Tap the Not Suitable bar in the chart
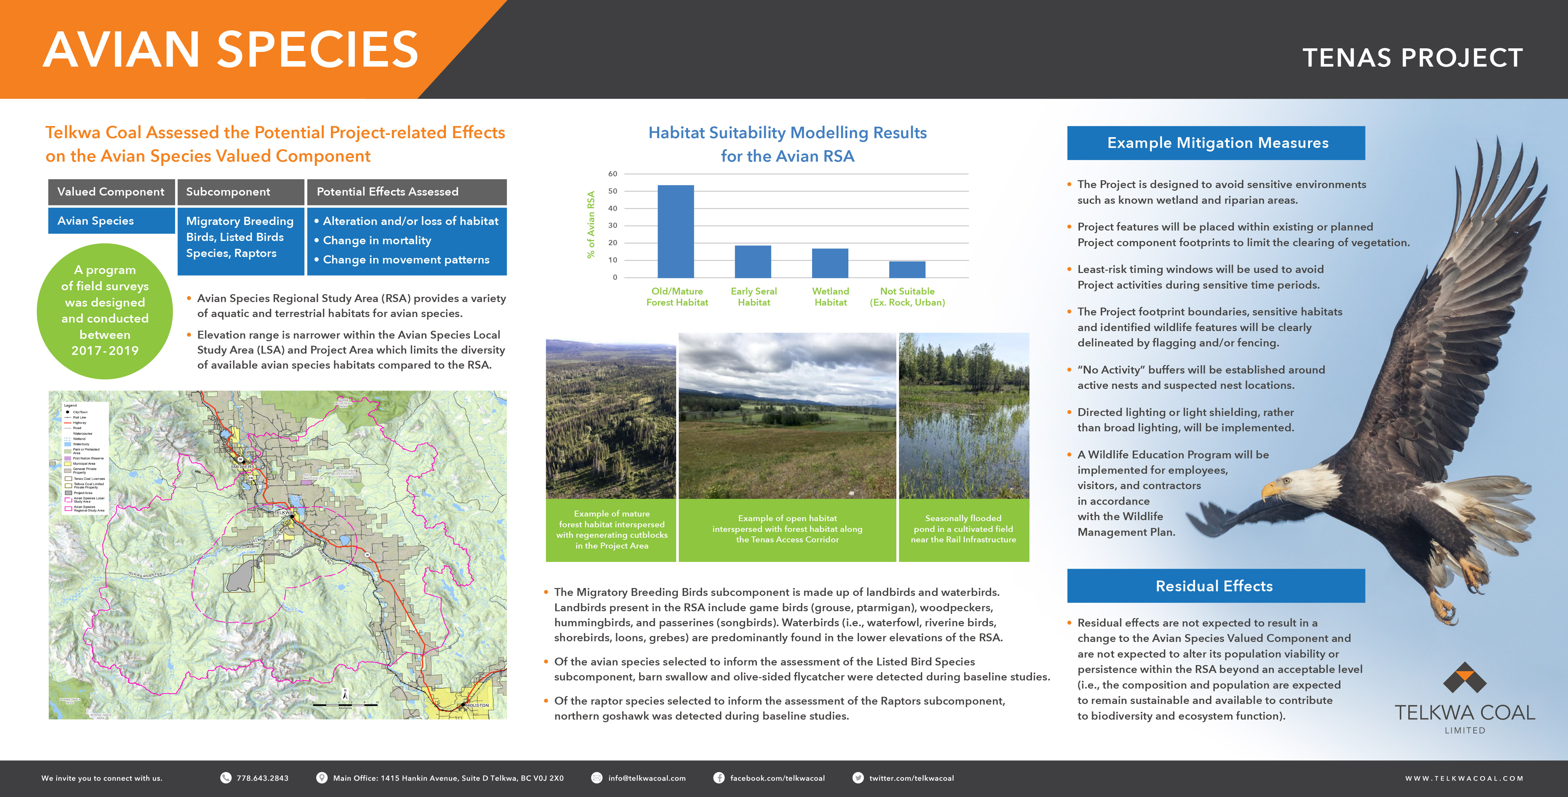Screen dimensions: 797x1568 907,269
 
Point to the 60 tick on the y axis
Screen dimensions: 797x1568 612,174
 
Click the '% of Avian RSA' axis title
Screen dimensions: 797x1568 590,225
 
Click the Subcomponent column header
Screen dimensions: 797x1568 240,192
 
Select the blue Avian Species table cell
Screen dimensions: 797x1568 111,221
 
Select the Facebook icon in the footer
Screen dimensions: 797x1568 719,778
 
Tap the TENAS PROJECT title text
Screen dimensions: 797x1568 1412,58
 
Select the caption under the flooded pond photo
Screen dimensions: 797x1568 964,529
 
